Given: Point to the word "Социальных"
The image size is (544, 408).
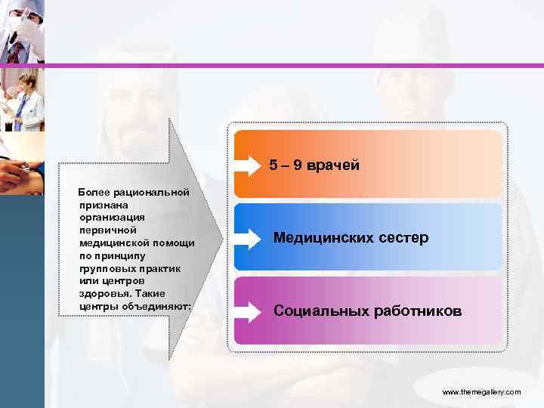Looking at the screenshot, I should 318,311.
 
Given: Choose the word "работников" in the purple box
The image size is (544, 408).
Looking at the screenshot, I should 415,311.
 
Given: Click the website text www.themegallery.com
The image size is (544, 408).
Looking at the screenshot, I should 481,392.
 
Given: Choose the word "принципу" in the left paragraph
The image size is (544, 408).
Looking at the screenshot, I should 115,255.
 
